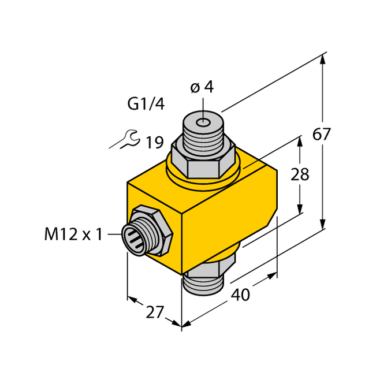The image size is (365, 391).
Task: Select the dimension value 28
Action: point(300,175)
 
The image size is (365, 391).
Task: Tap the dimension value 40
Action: point(240,295)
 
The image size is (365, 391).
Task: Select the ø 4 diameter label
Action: point(202,87)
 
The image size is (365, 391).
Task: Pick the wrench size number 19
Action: point(155,142)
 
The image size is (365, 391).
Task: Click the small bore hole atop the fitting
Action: point(203,122)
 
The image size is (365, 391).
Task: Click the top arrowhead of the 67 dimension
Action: point(322,60)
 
